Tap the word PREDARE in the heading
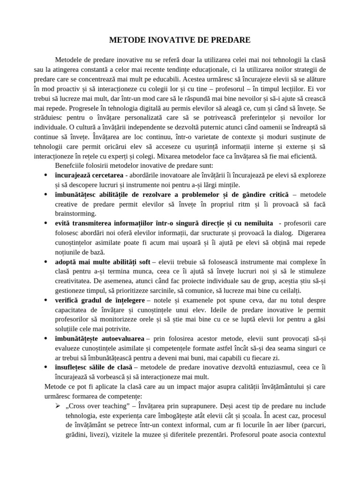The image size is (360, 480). (x=230, y=41)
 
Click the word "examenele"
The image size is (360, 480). (x=193, y=300)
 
